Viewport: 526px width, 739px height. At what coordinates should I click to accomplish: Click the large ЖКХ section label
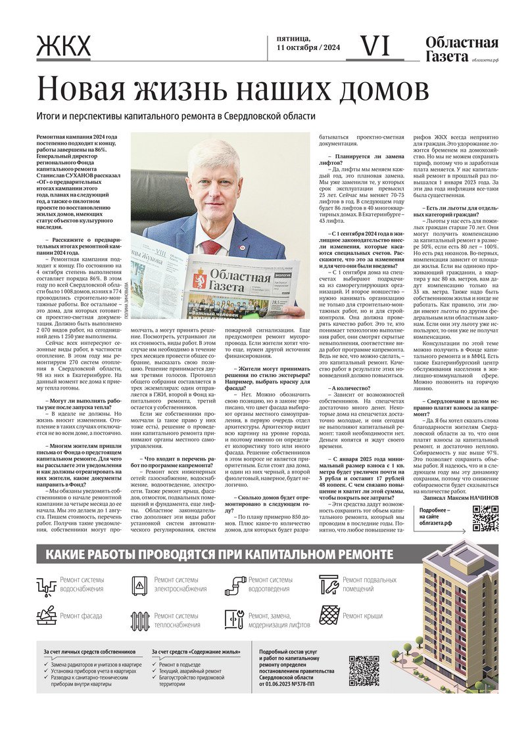[64, 48]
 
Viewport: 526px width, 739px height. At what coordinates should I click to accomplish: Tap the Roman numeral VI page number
[376, 46]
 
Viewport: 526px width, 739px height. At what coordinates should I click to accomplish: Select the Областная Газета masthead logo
[462, 50]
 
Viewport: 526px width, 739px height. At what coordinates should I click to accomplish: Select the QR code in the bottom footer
[364, 670]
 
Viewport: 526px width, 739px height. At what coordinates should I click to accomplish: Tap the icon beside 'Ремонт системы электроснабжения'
[140, 585]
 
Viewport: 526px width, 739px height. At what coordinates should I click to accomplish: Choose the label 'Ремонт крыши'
[362, 616]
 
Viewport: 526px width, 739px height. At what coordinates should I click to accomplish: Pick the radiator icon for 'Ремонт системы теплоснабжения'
[140, 620]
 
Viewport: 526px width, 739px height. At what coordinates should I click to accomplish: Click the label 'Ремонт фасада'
[80, 616]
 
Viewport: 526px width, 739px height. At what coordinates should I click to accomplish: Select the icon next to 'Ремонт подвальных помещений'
[329, 584]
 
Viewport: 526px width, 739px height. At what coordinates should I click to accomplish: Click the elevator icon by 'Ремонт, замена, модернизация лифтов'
[234, 619]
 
